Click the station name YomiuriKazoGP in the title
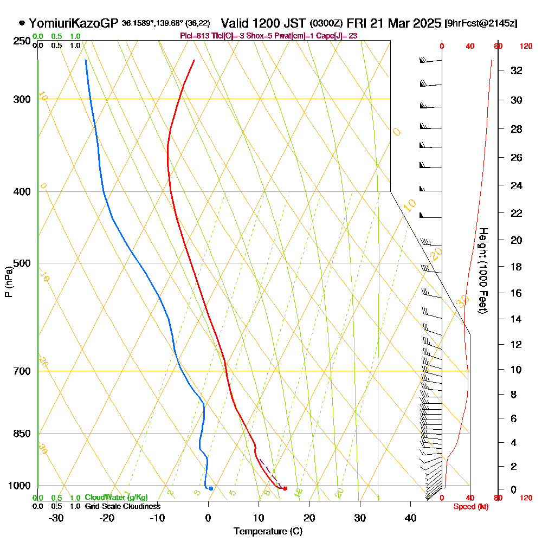coord(74,23)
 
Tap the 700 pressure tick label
coord(22,371)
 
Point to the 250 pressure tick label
coord(22,41)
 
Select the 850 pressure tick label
coord(22,434)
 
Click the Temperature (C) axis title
coord(268,532)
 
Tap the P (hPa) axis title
coord(8,282)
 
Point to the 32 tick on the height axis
coord(517,70)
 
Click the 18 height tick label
coord(517,267)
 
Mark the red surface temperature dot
coord(285,489)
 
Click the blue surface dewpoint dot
coord(211,488)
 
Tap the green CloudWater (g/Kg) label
coord(116,498)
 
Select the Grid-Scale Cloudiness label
coord(122,506)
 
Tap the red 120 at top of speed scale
coord(526,47)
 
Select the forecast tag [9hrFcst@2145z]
coord(481,24)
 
